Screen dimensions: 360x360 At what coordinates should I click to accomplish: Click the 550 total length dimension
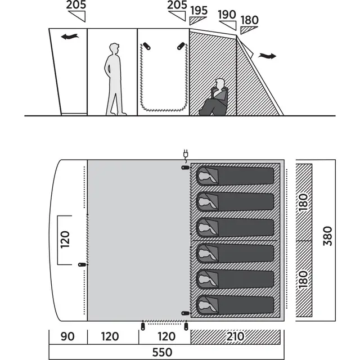point(162,352)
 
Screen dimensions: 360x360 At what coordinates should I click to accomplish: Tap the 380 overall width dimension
point(327,236)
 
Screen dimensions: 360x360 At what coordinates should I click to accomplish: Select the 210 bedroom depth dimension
point(235,336)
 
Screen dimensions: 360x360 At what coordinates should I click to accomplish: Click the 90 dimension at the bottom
point(67,336)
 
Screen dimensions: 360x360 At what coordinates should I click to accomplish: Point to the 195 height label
point(199,11)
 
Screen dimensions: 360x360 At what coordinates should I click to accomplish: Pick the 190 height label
point(227,15)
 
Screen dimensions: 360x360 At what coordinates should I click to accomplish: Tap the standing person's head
point(114,49)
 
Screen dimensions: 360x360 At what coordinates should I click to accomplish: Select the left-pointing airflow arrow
point(70,37)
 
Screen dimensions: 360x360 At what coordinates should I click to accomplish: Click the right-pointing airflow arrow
point(267,56)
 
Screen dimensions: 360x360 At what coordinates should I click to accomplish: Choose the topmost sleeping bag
point(235,176)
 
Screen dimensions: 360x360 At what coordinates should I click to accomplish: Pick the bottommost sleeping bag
point(235,305)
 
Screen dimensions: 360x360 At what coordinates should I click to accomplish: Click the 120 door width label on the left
point(65,240)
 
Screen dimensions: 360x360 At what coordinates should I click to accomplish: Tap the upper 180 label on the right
point(303,202)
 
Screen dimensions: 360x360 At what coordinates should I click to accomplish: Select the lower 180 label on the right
point(303,280)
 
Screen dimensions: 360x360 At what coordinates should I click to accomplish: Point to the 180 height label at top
point(250,20)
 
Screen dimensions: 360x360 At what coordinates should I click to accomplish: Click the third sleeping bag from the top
point(235,227)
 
